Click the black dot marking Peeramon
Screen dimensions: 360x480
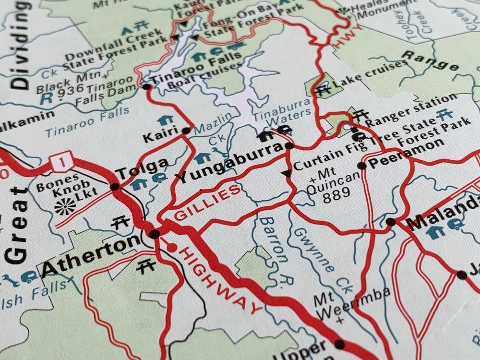tap(362, 166)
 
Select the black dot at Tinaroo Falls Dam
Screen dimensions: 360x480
tap(146, 87)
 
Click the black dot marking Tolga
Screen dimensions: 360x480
tap(115, 186)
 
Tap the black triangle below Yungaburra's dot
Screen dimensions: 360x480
tap(287, 173)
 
